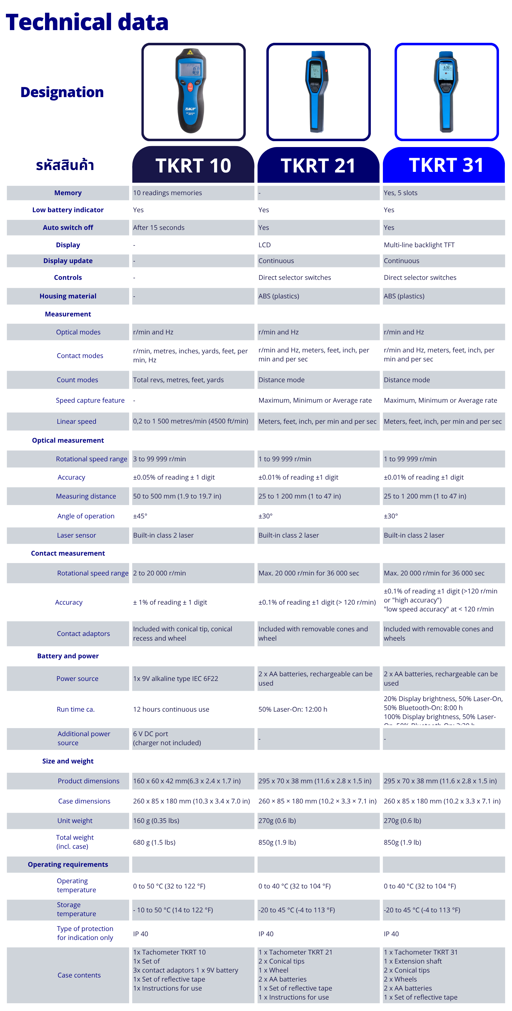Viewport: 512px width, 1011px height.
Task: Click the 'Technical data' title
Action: (x=87, y=22)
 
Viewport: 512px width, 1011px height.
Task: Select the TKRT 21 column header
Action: (x=318, y=165)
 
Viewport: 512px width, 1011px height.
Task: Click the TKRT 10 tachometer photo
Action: (x=193, y=92)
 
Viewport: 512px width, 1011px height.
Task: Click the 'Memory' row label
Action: (x=68, y=193)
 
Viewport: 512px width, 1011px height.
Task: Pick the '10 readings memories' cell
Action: (x=167, y=193)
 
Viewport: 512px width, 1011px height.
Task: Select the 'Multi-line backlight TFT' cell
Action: (x=419, y=245)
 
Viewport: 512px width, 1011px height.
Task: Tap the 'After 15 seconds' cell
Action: (x=159, y=228)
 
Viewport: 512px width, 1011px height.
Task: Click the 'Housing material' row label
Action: (x=68, y=296)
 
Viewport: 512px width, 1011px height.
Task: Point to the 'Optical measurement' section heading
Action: (x=68, y=440)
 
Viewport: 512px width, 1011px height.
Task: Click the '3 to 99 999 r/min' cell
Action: (x=159, y=459)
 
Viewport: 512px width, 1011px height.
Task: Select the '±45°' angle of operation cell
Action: (x=140, y=516)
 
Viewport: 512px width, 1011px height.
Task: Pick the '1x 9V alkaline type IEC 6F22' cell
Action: (x=176, y=678)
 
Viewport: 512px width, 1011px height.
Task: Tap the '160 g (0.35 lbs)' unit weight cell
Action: (x=156, y=821)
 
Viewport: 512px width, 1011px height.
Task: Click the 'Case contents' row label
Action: (x=79, y=975)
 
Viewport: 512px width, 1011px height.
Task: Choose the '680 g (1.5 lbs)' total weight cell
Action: (x=154, y=842)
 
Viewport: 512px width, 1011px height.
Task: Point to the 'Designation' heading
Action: (x=62, y=92)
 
